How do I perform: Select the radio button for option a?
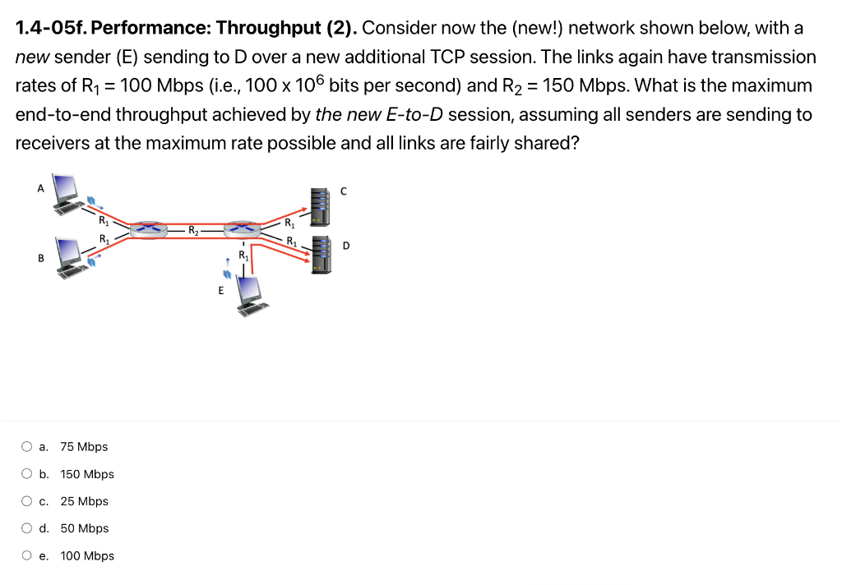click(x=27, y=447)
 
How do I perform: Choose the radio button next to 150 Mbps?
click(x=27, y=474)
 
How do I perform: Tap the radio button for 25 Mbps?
click(x=27, y=501)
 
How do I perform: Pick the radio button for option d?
click(x=27, y=528)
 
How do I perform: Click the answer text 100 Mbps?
click(x=87, y=556)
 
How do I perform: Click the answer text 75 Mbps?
click(x=84, y=447)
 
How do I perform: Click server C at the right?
click(x=319, y=206)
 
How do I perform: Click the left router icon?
click(x=149, y=228)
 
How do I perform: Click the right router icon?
click(x=243, y=228)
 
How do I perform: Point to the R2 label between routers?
click(x=192, y=229)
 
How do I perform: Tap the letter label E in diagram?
click(x=220, y=289)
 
